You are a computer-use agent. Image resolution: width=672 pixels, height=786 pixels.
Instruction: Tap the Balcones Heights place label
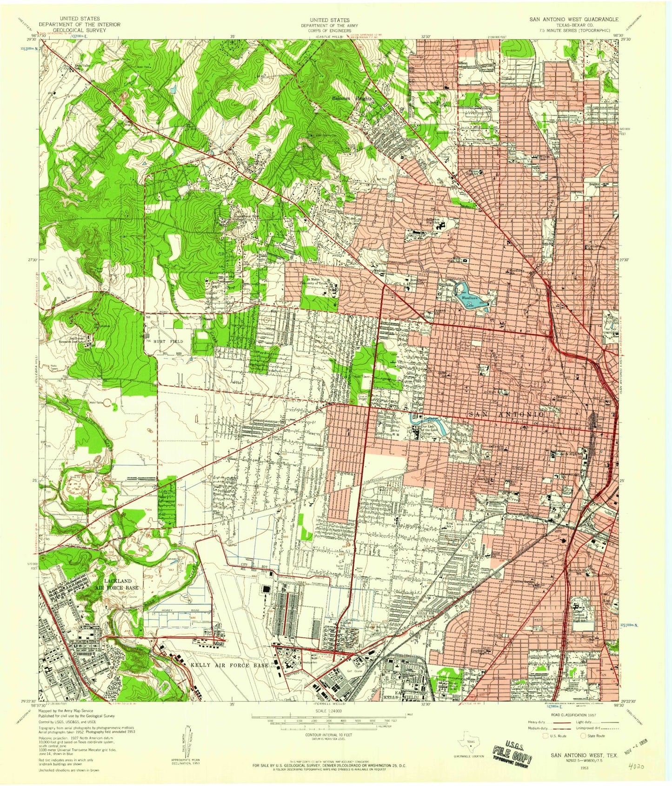tap(352, 99)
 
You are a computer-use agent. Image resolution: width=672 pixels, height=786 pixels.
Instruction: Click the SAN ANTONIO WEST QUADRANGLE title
tap(575, 20)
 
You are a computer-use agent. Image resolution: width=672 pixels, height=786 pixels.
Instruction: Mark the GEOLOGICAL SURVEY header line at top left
tap(80, 30)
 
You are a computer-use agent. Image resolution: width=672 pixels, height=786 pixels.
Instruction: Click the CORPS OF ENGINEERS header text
tap(325, 30)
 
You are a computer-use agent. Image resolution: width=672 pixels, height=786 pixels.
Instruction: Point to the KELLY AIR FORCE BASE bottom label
tap(229, 665)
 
